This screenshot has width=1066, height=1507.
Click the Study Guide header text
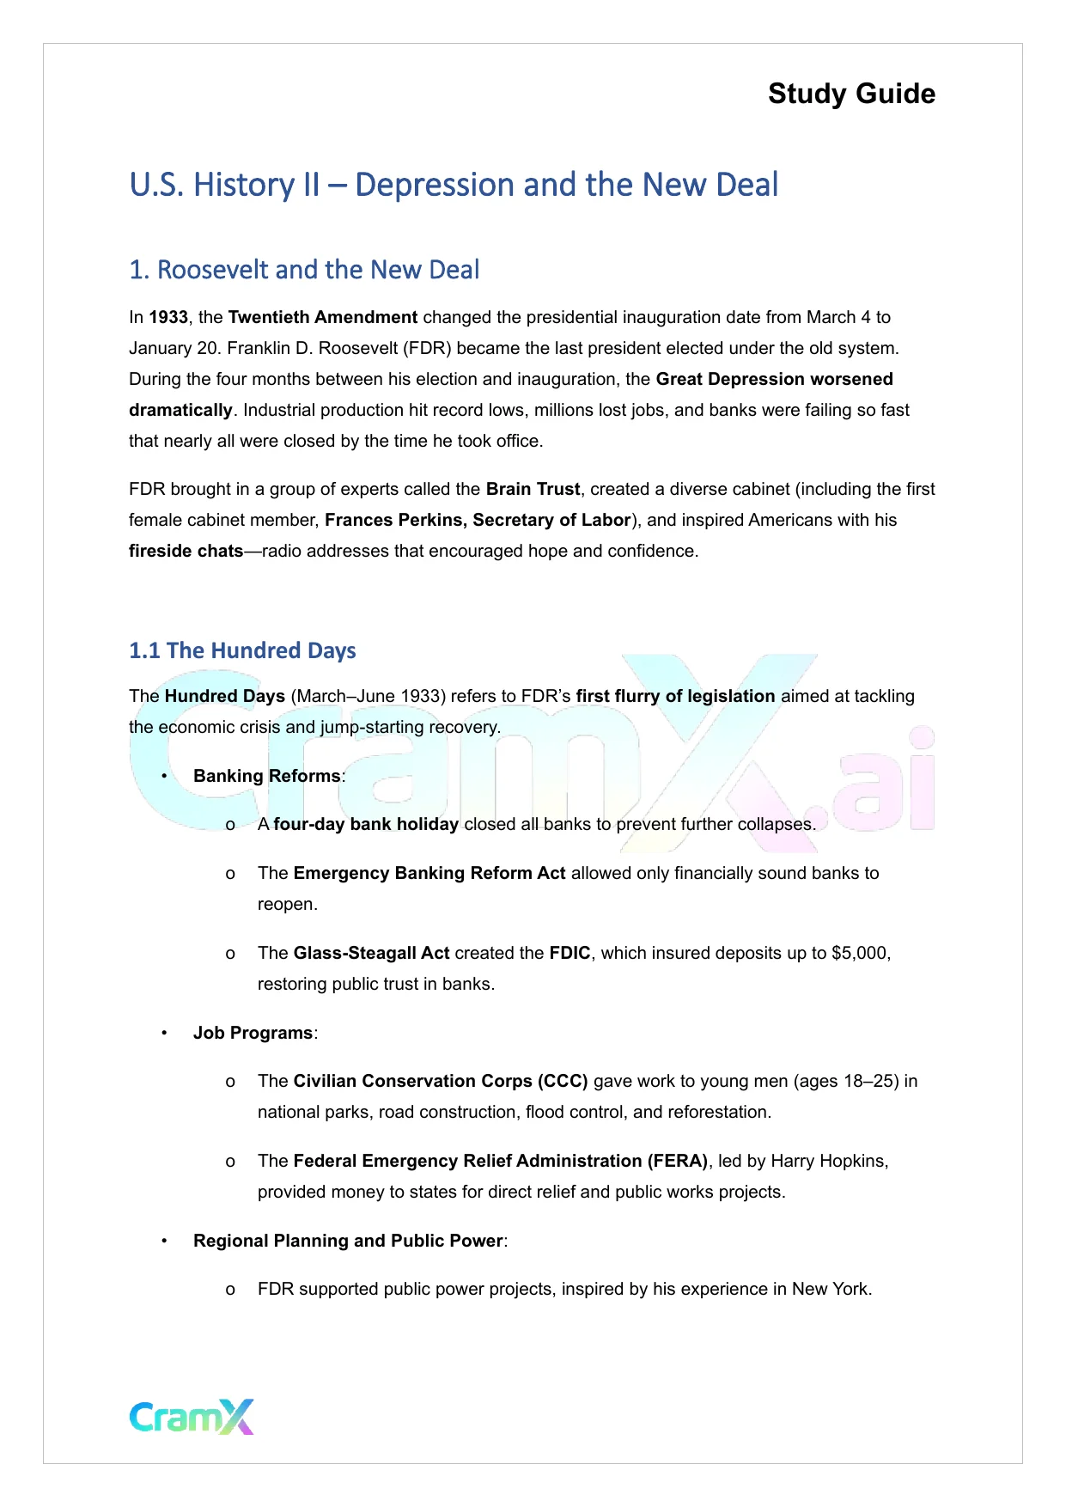tap(851, 94)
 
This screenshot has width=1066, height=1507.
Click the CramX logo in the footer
tap(192, 1417)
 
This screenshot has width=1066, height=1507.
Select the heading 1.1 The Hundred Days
tap(242, 650)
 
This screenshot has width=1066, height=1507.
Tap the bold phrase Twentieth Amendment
tap(323, 317)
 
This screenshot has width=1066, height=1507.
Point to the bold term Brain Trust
tap(533, 489)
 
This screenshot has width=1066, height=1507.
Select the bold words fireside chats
tap(186, 551)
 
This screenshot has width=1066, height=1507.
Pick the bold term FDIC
tap(570, 953)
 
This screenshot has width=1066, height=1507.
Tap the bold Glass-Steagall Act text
tap(371, 953)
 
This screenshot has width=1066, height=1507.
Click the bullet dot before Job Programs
tap(164, 1033)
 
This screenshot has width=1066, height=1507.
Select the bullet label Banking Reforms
tap(266, 776)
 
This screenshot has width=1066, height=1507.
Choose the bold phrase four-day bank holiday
tap(366, 824)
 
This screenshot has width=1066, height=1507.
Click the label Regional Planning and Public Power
tap(348, 1241)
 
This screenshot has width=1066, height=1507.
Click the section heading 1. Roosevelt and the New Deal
tap(304, 270)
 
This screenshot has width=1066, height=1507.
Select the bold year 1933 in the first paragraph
tap(168, 317)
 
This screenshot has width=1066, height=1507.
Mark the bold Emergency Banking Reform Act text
tap(429, 873)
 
